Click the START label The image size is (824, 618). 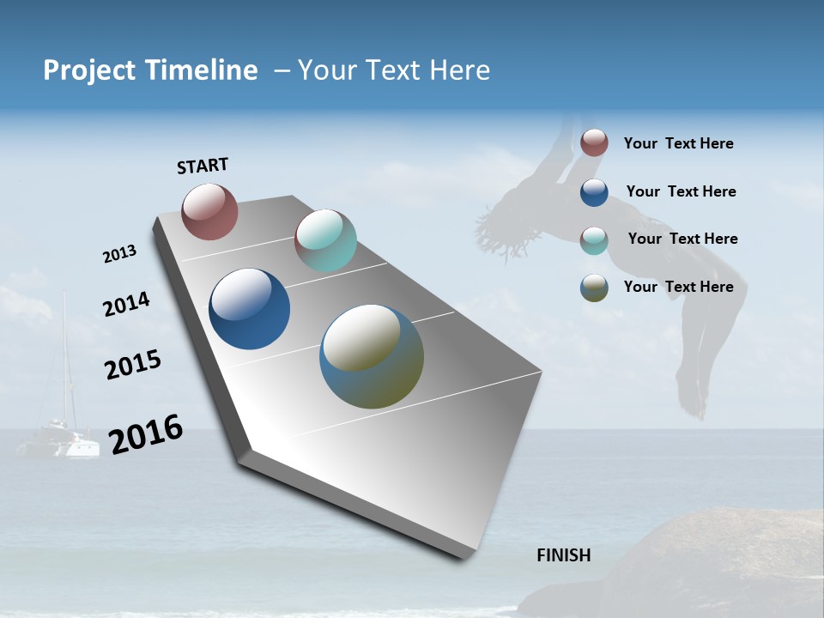[x=203, y=166]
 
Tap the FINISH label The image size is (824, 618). [x=563, y=555]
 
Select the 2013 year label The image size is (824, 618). [x=119, y=254]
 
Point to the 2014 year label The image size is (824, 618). [x=126, y=305]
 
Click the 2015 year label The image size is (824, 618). [x=132, y=365]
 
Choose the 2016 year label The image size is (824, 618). [x=146, y=434]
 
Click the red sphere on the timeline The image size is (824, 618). [x=209, y=211]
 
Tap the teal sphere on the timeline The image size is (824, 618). [x=325, y=239]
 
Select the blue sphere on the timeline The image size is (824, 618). [x=249, y=309]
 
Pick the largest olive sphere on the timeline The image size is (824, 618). [x=372, y=356]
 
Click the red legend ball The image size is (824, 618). [x=594, y=142]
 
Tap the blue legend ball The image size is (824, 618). [x=594, y=191]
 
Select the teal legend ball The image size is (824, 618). [x=594, y=239]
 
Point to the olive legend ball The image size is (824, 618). [x=594, y=288]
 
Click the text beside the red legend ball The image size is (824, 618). [x=678, y=143]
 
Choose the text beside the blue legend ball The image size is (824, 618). [x=681, y=191]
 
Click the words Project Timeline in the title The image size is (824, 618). [x=150, y=70]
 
